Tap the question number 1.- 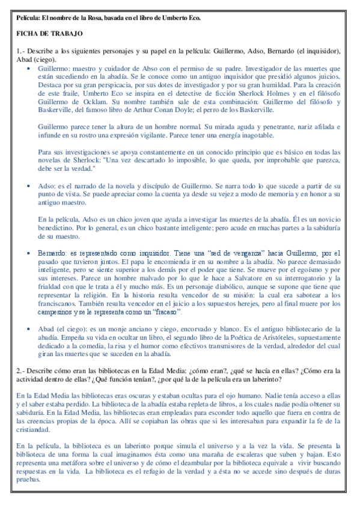point(22,52)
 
